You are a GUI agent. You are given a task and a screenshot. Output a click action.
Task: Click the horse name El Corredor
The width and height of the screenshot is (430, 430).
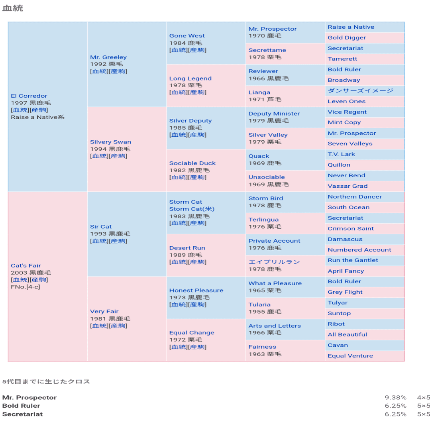(29, 96)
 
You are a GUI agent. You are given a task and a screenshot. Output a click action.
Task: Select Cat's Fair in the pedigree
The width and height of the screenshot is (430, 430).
(26, 266)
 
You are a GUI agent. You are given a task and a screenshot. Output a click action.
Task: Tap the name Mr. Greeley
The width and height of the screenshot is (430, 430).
(108, 57)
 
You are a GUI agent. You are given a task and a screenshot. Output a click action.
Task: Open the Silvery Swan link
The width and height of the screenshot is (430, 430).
(110, 142)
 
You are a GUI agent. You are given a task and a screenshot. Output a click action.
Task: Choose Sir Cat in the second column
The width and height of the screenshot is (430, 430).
(100, 227)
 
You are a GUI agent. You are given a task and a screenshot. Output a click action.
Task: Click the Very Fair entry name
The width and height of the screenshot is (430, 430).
(104, 312)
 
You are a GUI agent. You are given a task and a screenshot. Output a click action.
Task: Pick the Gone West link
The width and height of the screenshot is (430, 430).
(187, 36)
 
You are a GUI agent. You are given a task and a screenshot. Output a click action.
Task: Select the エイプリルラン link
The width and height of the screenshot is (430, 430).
(274, 262)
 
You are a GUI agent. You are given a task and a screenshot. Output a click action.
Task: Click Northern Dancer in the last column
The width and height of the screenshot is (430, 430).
(354, 197)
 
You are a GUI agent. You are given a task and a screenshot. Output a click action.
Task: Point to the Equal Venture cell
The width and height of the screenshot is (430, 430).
(350, 356)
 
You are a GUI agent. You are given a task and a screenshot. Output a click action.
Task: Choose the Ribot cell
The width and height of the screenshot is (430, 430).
(336, 324)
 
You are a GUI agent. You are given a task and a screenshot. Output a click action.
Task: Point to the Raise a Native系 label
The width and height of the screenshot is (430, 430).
(37, 117)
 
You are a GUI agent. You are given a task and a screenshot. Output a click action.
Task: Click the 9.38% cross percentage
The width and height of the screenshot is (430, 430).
(395, 398)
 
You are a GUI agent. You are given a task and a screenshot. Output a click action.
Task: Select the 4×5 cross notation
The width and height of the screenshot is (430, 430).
(423, 398)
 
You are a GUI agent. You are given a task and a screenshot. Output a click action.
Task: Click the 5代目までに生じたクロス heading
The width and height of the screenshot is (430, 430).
(46, 381)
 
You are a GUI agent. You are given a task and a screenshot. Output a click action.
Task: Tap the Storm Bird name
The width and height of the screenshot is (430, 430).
(265, 198)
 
